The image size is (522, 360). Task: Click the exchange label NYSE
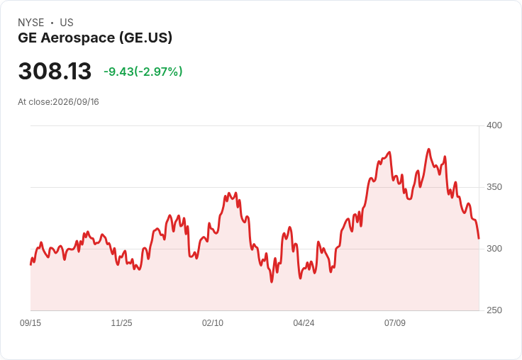pos(31,23)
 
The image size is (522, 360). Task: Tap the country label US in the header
pos(67,23)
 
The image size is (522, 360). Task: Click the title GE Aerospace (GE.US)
pos(95,38)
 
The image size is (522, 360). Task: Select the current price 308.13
pos(55,71)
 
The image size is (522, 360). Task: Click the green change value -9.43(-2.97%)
pos(143,72)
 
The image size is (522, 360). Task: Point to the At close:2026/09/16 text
pos(58,102)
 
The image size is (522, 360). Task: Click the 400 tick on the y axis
pos(494,125)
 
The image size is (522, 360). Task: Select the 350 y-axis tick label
pos(494,187)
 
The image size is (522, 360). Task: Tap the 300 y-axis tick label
pos(494,249)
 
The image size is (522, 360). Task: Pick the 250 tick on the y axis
pos(494,310)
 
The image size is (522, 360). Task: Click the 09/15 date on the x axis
pos(30,322)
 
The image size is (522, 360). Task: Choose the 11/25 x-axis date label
pos(121,322)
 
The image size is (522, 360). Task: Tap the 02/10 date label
pos(213,322)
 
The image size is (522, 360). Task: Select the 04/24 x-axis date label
pos(304,322)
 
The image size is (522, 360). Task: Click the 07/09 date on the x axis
pos(395,322)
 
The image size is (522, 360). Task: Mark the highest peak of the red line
pos(428,149)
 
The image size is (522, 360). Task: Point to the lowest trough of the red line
pos(272,282)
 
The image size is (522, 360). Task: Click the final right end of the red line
pos(479,238)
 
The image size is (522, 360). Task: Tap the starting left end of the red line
pos(30,265)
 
